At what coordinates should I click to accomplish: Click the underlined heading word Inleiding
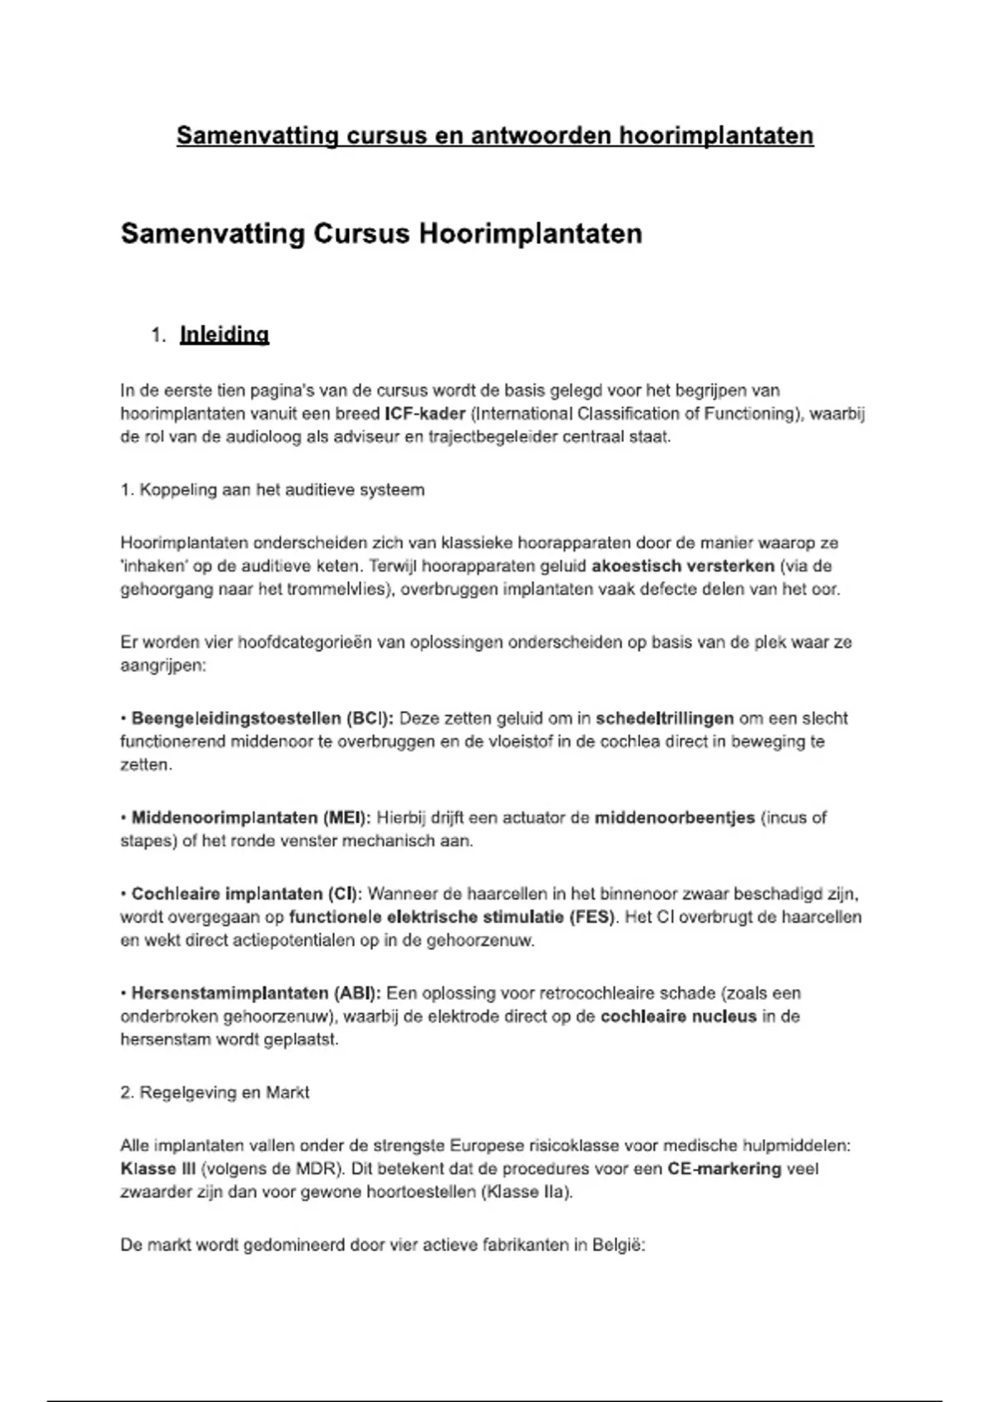point(224,335)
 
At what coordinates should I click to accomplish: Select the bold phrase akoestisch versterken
point(683,567)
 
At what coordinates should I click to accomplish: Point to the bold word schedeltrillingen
point(664,718)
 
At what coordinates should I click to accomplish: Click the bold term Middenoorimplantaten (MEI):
point(252,818)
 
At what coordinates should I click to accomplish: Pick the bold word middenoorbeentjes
point(675,818)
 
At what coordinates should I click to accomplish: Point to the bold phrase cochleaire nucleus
point(678,1017)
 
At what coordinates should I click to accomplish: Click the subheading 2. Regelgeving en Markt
point(214,1093)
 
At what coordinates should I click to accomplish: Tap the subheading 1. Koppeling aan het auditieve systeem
point(272,490)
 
